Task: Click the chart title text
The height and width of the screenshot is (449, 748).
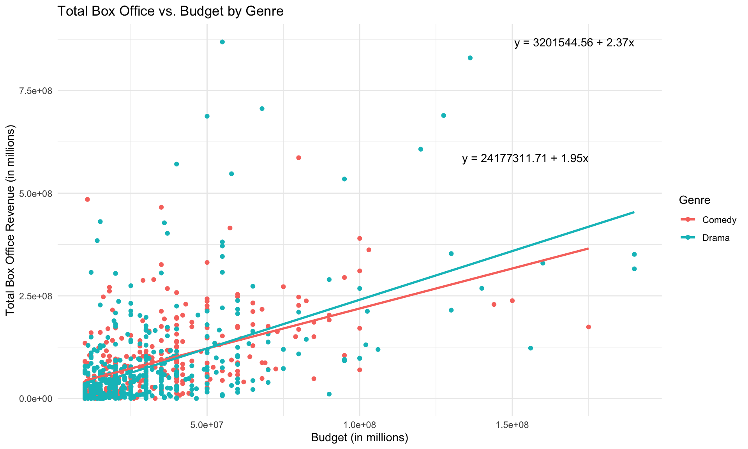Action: pyautogui.click(x=170, y=11)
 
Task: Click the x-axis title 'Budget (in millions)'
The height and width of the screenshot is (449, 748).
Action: pyautogui.click(x=359, y=438)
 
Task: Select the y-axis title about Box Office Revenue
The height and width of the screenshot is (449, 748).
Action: pyautogui.click(x=11, y=220)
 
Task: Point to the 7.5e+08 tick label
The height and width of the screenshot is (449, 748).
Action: pyautogui.click(x=36, y=91)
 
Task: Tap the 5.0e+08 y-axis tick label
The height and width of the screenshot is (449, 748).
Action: pyautogui.click(x=36, y=193)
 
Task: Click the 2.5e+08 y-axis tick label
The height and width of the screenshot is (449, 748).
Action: pyautogui.click(x=36, y=296)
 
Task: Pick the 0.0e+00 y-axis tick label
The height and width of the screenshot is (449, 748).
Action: pyautogui.click(x=36, y=399)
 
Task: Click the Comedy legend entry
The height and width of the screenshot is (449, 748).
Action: pyautogui.click(x=719, y=220)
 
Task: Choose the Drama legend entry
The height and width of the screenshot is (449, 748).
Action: pyautogui.click(x=716, y=238)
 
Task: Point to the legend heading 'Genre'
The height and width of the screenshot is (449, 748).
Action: pyautogui.click(x=694, y=200)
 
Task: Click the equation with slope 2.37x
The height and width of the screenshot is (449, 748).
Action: pyautogui.click(x=574, y=43)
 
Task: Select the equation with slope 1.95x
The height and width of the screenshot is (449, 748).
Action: pyautogui.click(x=525, y=159)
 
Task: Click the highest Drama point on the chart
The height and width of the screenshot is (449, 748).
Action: pyautogui.click(x=222, y=42)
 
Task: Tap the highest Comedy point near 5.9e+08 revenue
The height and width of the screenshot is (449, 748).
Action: pyautogui.click(x=298, y=157)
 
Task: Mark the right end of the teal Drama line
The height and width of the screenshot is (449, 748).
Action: pyautogui.click(x=634, y=212)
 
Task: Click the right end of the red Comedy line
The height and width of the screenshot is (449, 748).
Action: pyautogui.click(x=588, y=248)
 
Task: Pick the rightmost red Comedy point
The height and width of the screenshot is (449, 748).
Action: pyautogui.click(x=588, y=327)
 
